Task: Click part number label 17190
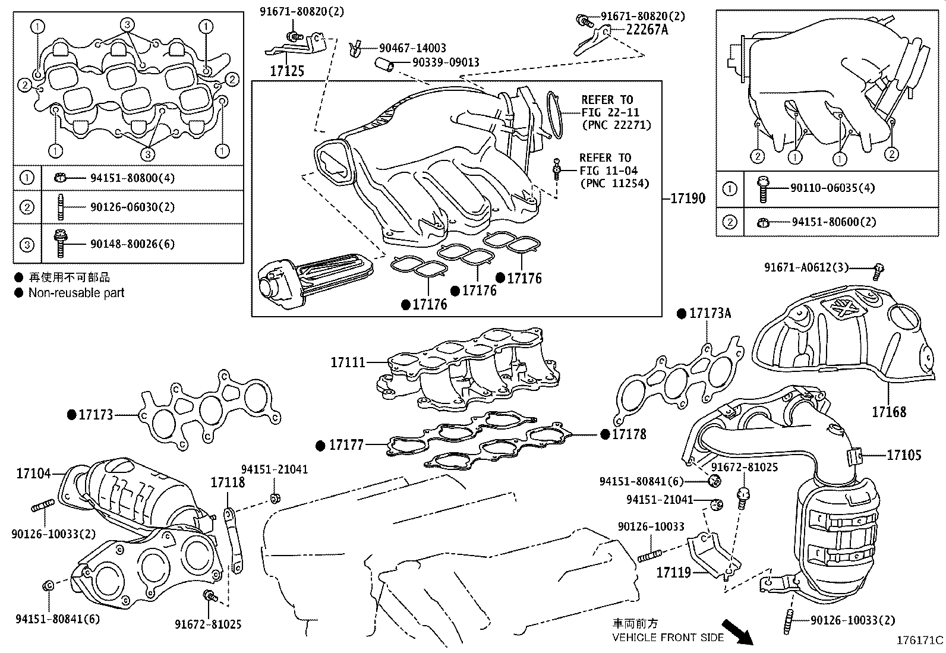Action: coord(688,198)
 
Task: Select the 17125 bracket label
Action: coord(287,71)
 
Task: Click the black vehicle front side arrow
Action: coord(737,632)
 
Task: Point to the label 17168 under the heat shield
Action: coord(889,411)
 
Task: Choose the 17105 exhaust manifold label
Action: coord(904,455)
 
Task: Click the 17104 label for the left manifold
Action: coord(33,474)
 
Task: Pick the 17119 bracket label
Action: coord(673,573)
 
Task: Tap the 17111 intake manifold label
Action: coord(348,361)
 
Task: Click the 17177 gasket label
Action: coord(346,444)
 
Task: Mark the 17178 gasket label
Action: coord(629,434)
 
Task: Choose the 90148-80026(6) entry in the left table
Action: coord(133,244)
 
